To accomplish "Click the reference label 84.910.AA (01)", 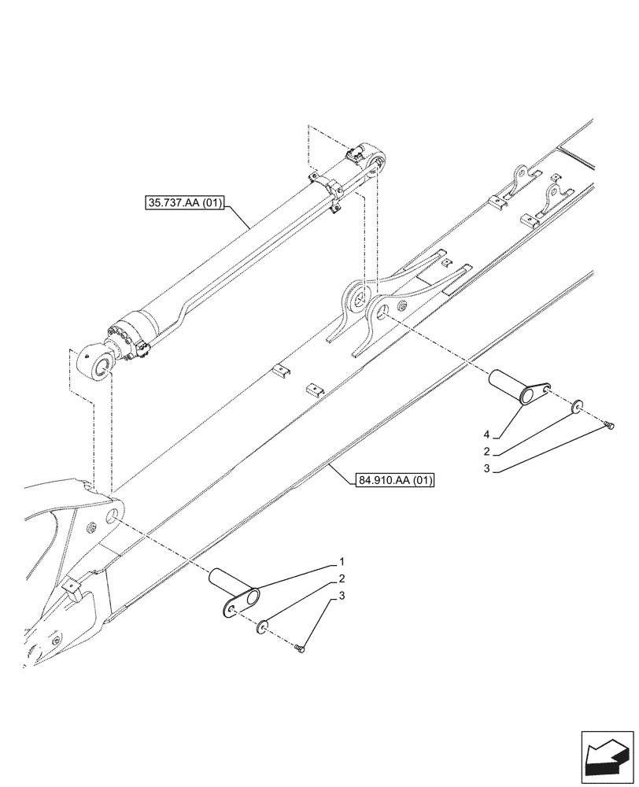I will pos(395,479).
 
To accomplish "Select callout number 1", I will pos(342,562).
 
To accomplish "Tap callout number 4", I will pos(487,434).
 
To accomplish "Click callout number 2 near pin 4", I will pos(487,452).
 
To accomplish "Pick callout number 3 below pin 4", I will pos(487,468).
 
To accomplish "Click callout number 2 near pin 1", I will pos(342,578).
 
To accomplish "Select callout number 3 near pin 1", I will pos(342,597).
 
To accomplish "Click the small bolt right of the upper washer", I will pos(609,426).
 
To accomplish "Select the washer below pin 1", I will pos(262,626).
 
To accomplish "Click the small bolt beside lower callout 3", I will pos(299,648).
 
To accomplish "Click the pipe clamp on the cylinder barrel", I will pos(333,193).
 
